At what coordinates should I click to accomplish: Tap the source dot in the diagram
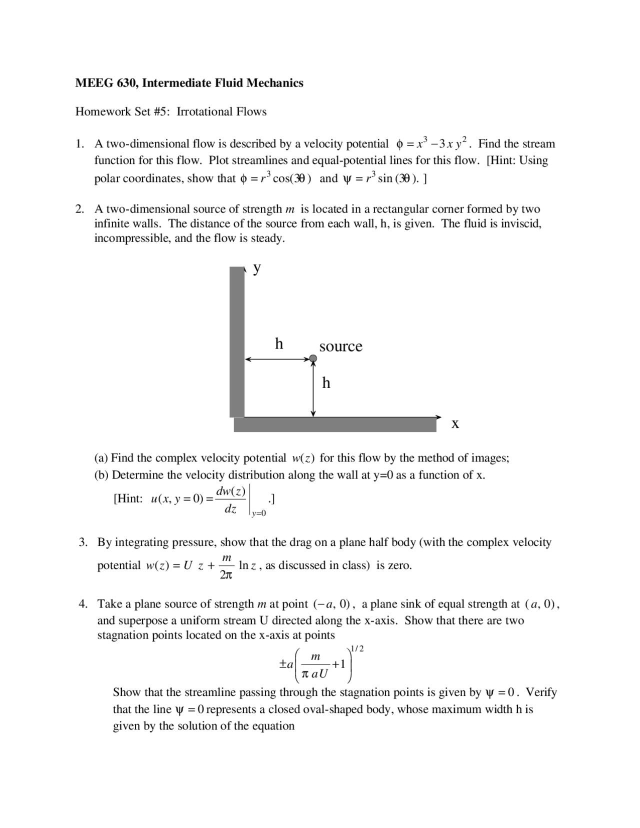[x=313, y=358]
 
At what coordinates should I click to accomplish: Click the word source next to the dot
[x=340, y=346]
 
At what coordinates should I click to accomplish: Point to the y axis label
[x=256, y=268]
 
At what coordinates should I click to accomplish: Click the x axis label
[x=455, y=424]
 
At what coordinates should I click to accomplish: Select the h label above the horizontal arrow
[x=279, y=343]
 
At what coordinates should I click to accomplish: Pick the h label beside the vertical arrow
[x=326, y=383]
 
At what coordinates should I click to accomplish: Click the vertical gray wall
[x=236, y=342]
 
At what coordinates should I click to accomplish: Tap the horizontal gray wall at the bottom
[x=335, y=425]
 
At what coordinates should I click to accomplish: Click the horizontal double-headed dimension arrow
[x=278, y=359]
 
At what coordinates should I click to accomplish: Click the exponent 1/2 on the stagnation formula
[x=357, y=649]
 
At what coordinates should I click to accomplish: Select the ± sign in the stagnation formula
[x=283, y=664]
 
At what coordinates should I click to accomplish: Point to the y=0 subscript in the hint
[x=259, y=513]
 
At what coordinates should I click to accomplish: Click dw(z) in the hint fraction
[x=230, y=491]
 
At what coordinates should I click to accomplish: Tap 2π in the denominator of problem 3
[x=226, y=575]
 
